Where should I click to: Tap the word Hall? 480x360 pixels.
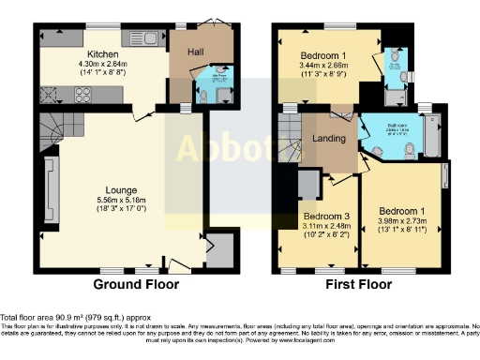coord(195,52)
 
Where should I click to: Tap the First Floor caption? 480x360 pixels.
coord(360,284)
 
